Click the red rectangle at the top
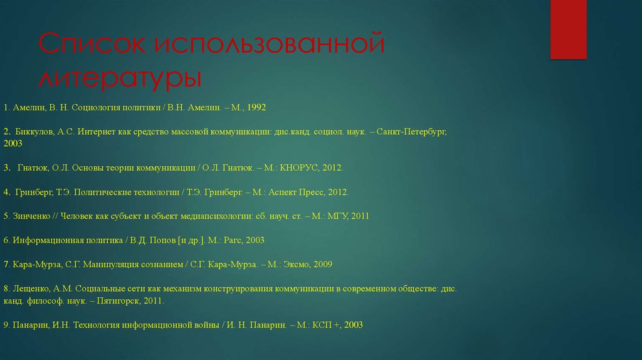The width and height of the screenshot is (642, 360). (568, 29)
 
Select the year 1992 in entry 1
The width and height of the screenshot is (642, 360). (256, 108)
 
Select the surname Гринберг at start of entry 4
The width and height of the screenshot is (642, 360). (31, 192)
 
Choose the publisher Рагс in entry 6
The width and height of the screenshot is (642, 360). (234, 240)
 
